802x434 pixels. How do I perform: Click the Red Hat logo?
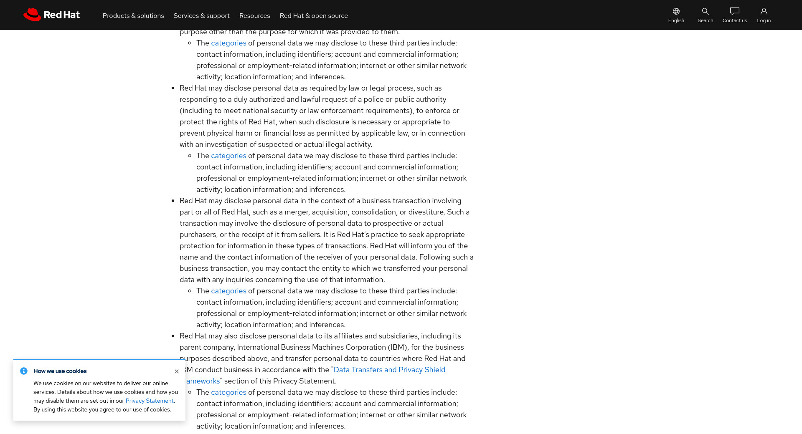point(51,15)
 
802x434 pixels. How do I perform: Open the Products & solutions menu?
point(133,16)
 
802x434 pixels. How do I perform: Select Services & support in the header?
point(201,16)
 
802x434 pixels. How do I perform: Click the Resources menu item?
point(254,16)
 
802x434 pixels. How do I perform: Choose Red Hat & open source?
point(314,16)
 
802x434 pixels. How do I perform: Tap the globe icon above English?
point(676,11)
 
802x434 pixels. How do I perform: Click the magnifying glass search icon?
point(705,11)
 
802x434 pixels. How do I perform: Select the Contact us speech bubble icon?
point(734,11)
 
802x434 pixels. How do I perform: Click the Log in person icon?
point(764,11)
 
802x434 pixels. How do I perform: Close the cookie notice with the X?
point(177,371)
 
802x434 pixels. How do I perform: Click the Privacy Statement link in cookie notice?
point(150,401)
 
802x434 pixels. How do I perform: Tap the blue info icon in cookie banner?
point(24,371)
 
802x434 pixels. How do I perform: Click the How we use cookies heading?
point(60,371)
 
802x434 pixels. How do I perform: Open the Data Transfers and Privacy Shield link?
point(389,370)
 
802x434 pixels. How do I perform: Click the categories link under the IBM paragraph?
point(228,393)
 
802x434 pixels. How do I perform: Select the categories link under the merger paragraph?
point(228,291)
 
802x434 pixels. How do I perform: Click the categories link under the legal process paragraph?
point(228,156)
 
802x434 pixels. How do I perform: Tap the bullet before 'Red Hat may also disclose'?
point(173,336)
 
